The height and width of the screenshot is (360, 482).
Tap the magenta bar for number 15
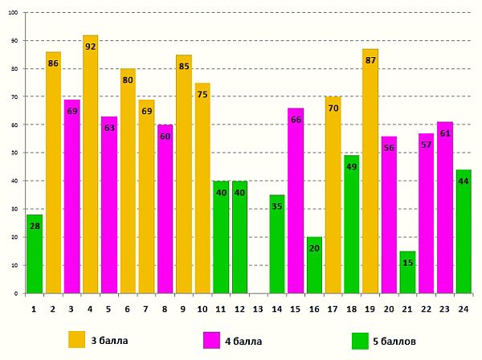click(x=295, y=201)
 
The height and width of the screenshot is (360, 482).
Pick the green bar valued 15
click(x=406, y=273)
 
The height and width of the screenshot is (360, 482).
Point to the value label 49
click(x=351, y=167)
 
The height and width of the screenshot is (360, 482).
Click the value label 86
click(x=53, y=63)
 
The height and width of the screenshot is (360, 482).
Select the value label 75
click(x=202, y=95)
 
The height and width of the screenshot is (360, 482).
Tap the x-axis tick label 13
click(x=257, y=309)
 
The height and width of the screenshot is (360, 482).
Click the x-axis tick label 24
click(x=462, y=309)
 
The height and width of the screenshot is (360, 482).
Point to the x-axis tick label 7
click(x=145, y=309)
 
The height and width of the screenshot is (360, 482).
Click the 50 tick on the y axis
click(x=15, y=153)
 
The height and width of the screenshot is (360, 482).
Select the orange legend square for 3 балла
click(x=77, y=340)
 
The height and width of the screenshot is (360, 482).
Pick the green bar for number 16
click(x=313, y=265)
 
